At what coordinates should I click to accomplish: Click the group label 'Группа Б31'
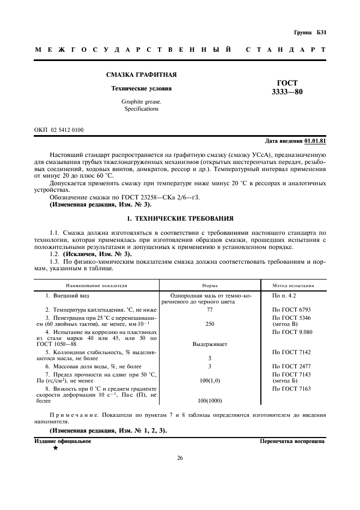309,33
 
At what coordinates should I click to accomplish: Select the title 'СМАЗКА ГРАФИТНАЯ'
141,75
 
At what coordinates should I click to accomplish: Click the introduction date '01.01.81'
315,141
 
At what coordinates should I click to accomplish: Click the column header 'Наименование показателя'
97,285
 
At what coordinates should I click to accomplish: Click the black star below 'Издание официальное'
55,447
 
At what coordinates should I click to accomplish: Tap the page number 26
180,458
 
